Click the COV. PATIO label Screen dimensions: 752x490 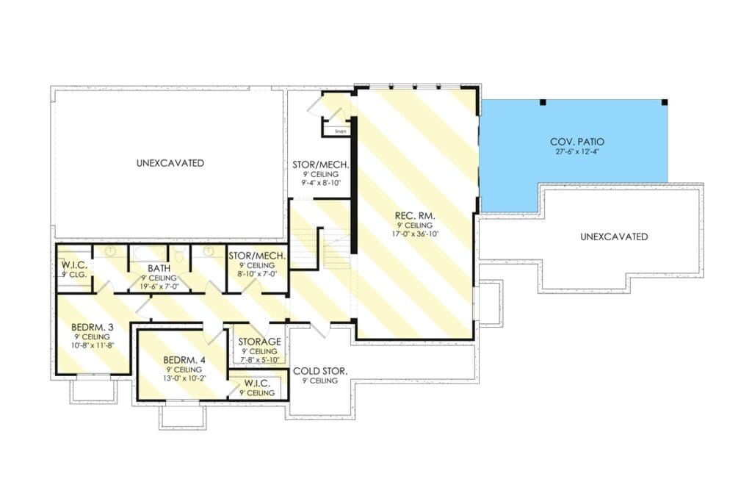tap(577, 142)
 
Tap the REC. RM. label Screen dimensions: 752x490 tap(415, 216)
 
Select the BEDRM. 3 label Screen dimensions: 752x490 tap(92, 328)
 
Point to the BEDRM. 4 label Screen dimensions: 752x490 tap(184, 360)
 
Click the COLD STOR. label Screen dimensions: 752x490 tap(320, 371)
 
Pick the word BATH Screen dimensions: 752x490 tap(159, 269)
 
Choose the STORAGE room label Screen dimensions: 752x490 tap(259, 342)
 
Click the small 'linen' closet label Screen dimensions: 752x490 tap(341, 131)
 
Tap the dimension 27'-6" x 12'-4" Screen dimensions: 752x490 tap(577, 151)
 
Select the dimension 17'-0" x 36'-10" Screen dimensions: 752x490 tap(415, 234)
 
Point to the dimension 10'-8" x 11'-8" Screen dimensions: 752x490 tap(92, 345)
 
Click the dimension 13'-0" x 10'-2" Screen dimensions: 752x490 tap(184, 378)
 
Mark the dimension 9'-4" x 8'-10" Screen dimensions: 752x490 tap(320, 183)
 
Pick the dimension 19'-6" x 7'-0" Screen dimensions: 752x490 tap(159, 287)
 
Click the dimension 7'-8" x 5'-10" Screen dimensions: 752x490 tap(259, 360)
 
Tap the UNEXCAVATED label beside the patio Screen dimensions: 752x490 tap(614, 237)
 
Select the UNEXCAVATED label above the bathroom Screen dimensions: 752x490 tap(170, 163)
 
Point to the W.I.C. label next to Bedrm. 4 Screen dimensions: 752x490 tap(257, 384)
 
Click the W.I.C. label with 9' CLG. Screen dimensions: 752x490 tap(74, 265)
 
